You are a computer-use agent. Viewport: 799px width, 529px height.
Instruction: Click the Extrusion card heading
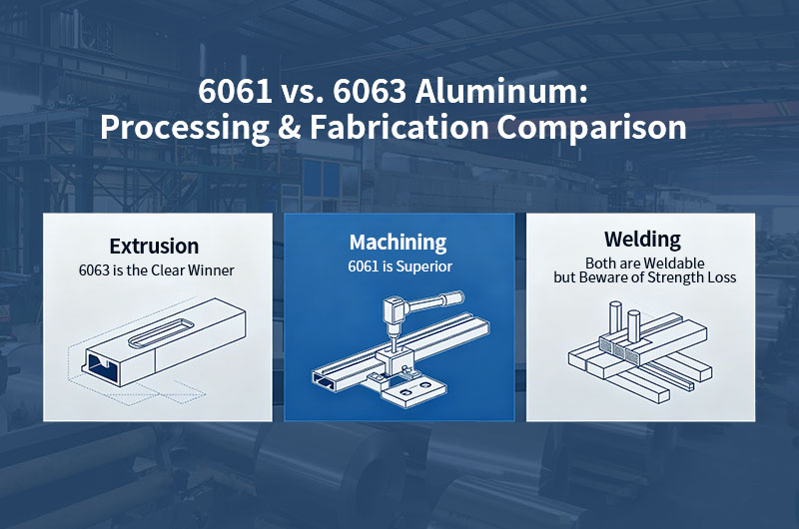[x=154, y=246]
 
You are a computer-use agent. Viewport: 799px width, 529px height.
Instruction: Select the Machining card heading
[x=399, y=243]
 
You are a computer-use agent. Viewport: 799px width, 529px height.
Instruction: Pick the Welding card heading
[x=642, y=240]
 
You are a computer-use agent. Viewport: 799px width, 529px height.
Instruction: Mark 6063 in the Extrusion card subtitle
[x=95, y=269]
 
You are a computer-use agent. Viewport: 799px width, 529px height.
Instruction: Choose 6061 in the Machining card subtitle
[x=364, y=266]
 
